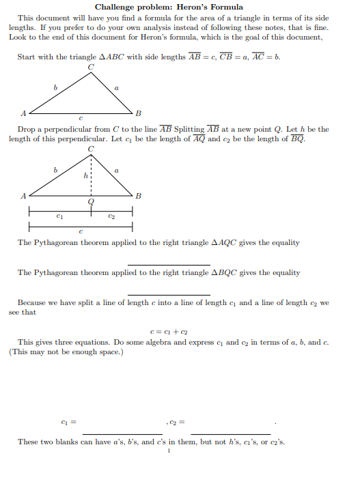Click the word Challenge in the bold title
point(116,7)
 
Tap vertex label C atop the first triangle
point(91,67)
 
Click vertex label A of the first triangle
point(23,113)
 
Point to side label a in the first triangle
point(117,87)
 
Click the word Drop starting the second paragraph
point(27,129)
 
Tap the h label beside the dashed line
point(85,175)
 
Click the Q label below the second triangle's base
point(91,202)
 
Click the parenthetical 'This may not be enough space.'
point(66,352)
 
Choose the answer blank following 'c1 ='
point(122,433)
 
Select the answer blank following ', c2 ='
point(230,433)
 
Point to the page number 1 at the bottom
point(168,450)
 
